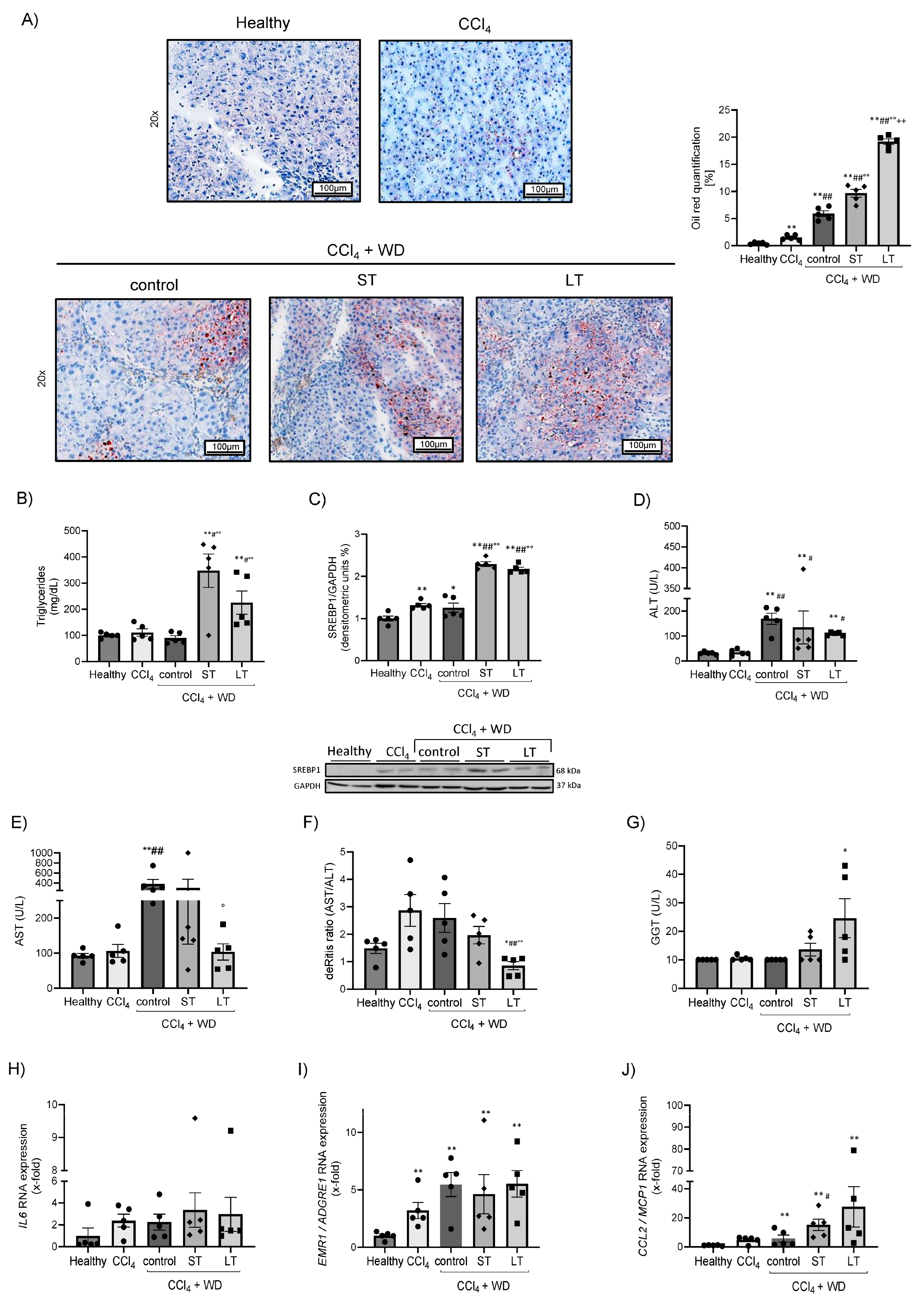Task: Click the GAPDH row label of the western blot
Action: pyautogui.click(x=307, y=786)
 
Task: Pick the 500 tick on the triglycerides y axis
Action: pyautogui.click(x=72, y=531)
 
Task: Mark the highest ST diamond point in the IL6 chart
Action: pyautogui.click(x=195, y=1118)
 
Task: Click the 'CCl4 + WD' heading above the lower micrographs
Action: pyautogui.click(x=365, y=250)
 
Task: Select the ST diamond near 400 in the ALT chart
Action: pyautogui.click(x=803, y=569)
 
